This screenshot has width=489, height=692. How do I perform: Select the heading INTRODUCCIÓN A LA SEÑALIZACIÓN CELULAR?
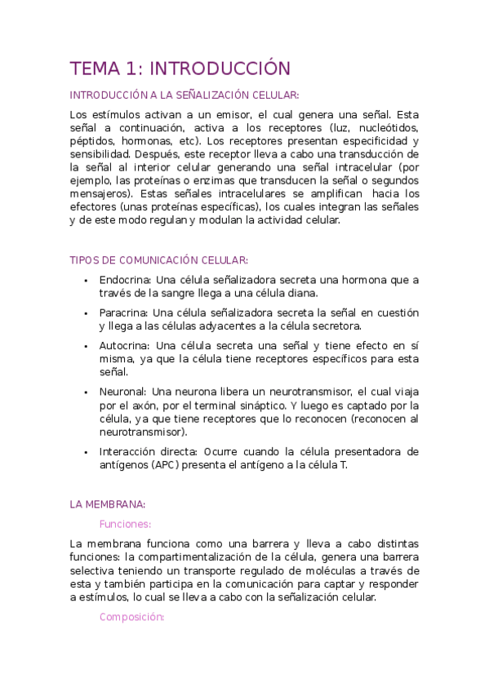click(184, 95)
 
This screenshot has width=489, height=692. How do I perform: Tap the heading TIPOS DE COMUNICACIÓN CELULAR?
click(159, 259)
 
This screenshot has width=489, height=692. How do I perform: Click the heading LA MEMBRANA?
click(108, 504)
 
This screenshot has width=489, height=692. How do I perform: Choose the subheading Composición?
click(131, 617)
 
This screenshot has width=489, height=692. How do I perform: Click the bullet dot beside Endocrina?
click(87, 280)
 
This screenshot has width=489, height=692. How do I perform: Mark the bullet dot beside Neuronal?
click(87, 391)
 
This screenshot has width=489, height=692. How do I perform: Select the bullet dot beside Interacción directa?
click(87, 451)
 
